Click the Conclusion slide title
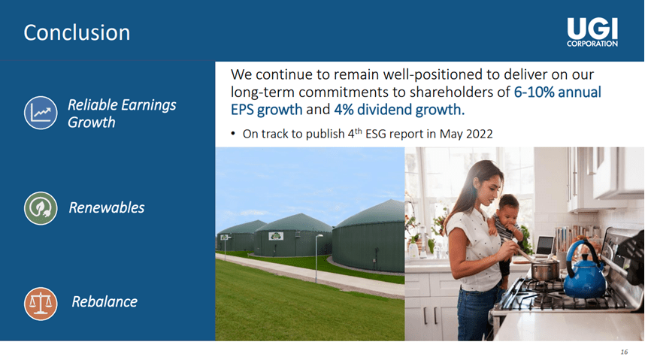[76, 33]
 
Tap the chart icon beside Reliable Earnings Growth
[41, 111]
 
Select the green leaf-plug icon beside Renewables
[41, 207]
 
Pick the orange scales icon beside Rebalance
[41, 302]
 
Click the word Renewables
[106, 207]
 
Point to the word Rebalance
[104, 302]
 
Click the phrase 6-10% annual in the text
[557, 92]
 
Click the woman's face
[477, 183]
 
